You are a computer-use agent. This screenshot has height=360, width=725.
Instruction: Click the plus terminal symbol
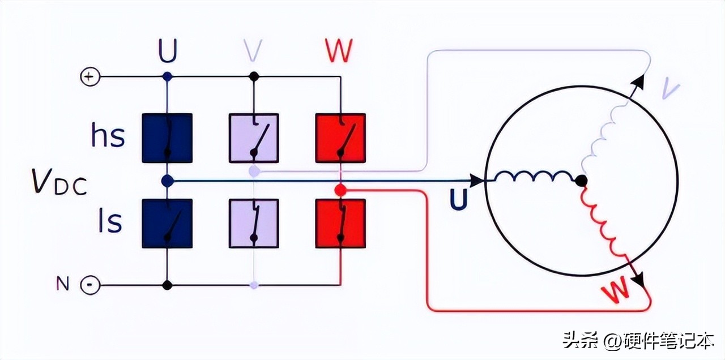pos(90,76)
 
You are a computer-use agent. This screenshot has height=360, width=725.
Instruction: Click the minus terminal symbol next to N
pos(90,285)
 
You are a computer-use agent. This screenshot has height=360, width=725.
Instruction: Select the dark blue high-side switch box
pos(167,138)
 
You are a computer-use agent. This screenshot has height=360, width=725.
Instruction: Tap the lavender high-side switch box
pos(254,138)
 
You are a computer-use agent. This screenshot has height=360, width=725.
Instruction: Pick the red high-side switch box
pos(341,138)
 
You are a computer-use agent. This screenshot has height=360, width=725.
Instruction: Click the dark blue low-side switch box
pos(167,224)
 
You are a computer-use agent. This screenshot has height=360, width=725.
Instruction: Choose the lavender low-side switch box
pos(254,224)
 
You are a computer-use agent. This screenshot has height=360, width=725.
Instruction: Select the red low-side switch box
pos(341,224)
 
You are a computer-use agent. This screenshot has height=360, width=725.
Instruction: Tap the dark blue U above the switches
pos(168,51)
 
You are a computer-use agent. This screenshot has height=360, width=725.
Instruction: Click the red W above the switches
pos(339,51)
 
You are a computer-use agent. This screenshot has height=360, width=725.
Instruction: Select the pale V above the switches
pos(253,51)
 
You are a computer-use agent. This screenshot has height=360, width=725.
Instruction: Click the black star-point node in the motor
pos(581,181)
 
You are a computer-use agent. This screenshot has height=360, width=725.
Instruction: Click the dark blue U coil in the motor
pos(534,177)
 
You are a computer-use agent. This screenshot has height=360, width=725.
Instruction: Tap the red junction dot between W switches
pos(340,190)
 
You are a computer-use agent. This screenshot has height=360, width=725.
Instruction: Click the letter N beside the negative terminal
pos(63,284)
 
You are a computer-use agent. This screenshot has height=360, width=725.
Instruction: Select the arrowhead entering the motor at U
pos(477,181)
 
